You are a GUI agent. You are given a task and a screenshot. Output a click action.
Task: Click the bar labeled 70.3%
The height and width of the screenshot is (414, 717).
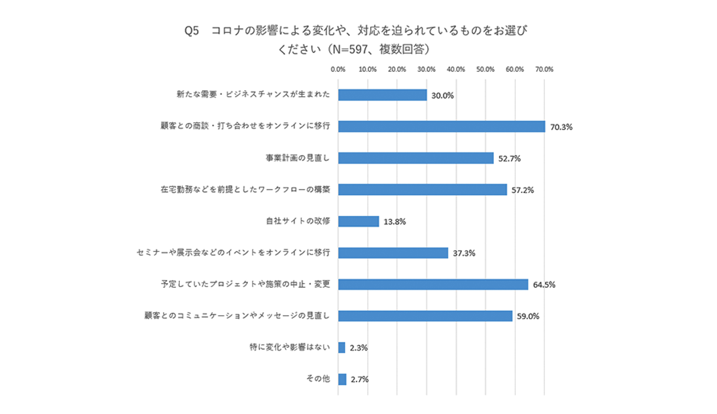coord(442,126)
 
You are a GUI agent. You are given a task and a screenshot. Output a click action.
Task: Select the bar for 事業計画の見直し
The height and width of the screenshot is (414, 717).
coord(415,158)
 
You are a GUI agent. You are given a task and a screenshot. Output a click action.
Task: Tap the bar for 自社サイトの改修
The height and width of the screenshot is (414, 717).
coord(358,221)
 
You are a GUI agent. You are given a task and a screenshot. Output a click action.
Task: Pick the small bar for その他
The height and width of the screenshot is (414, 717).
coord(342,379)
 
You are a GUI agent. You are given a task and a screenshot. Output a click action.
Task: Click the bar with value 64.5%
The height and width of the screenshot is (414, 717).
coord(433,285)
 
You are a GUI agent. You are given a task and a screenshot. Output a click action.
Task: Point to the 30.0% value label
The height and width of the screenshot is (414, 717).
coord(442,95)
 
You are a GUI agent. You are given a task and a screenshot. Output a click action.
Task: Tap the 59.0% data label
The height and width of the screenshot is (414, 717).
coord(527,316)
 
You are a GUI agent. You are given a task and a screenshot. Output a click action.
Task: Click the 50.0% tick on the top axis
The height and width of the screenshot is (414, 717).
coord(485,69)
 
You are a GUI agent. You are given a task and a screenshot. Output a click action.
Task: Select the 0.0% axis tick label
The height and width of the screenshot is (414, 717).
coord(338,69)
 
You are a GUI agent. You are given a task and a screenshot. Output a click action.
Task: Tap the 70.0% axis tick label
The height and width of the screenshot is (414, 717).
coord(544,69)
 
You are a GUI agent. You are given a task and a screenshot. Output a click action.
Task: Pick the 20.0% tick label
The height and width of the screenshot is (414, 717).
coord(397,69)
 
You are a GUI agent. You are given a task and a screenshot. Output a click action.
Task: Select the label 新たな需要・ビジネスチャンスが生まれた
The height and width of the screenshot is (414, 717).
coord(253,95)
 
